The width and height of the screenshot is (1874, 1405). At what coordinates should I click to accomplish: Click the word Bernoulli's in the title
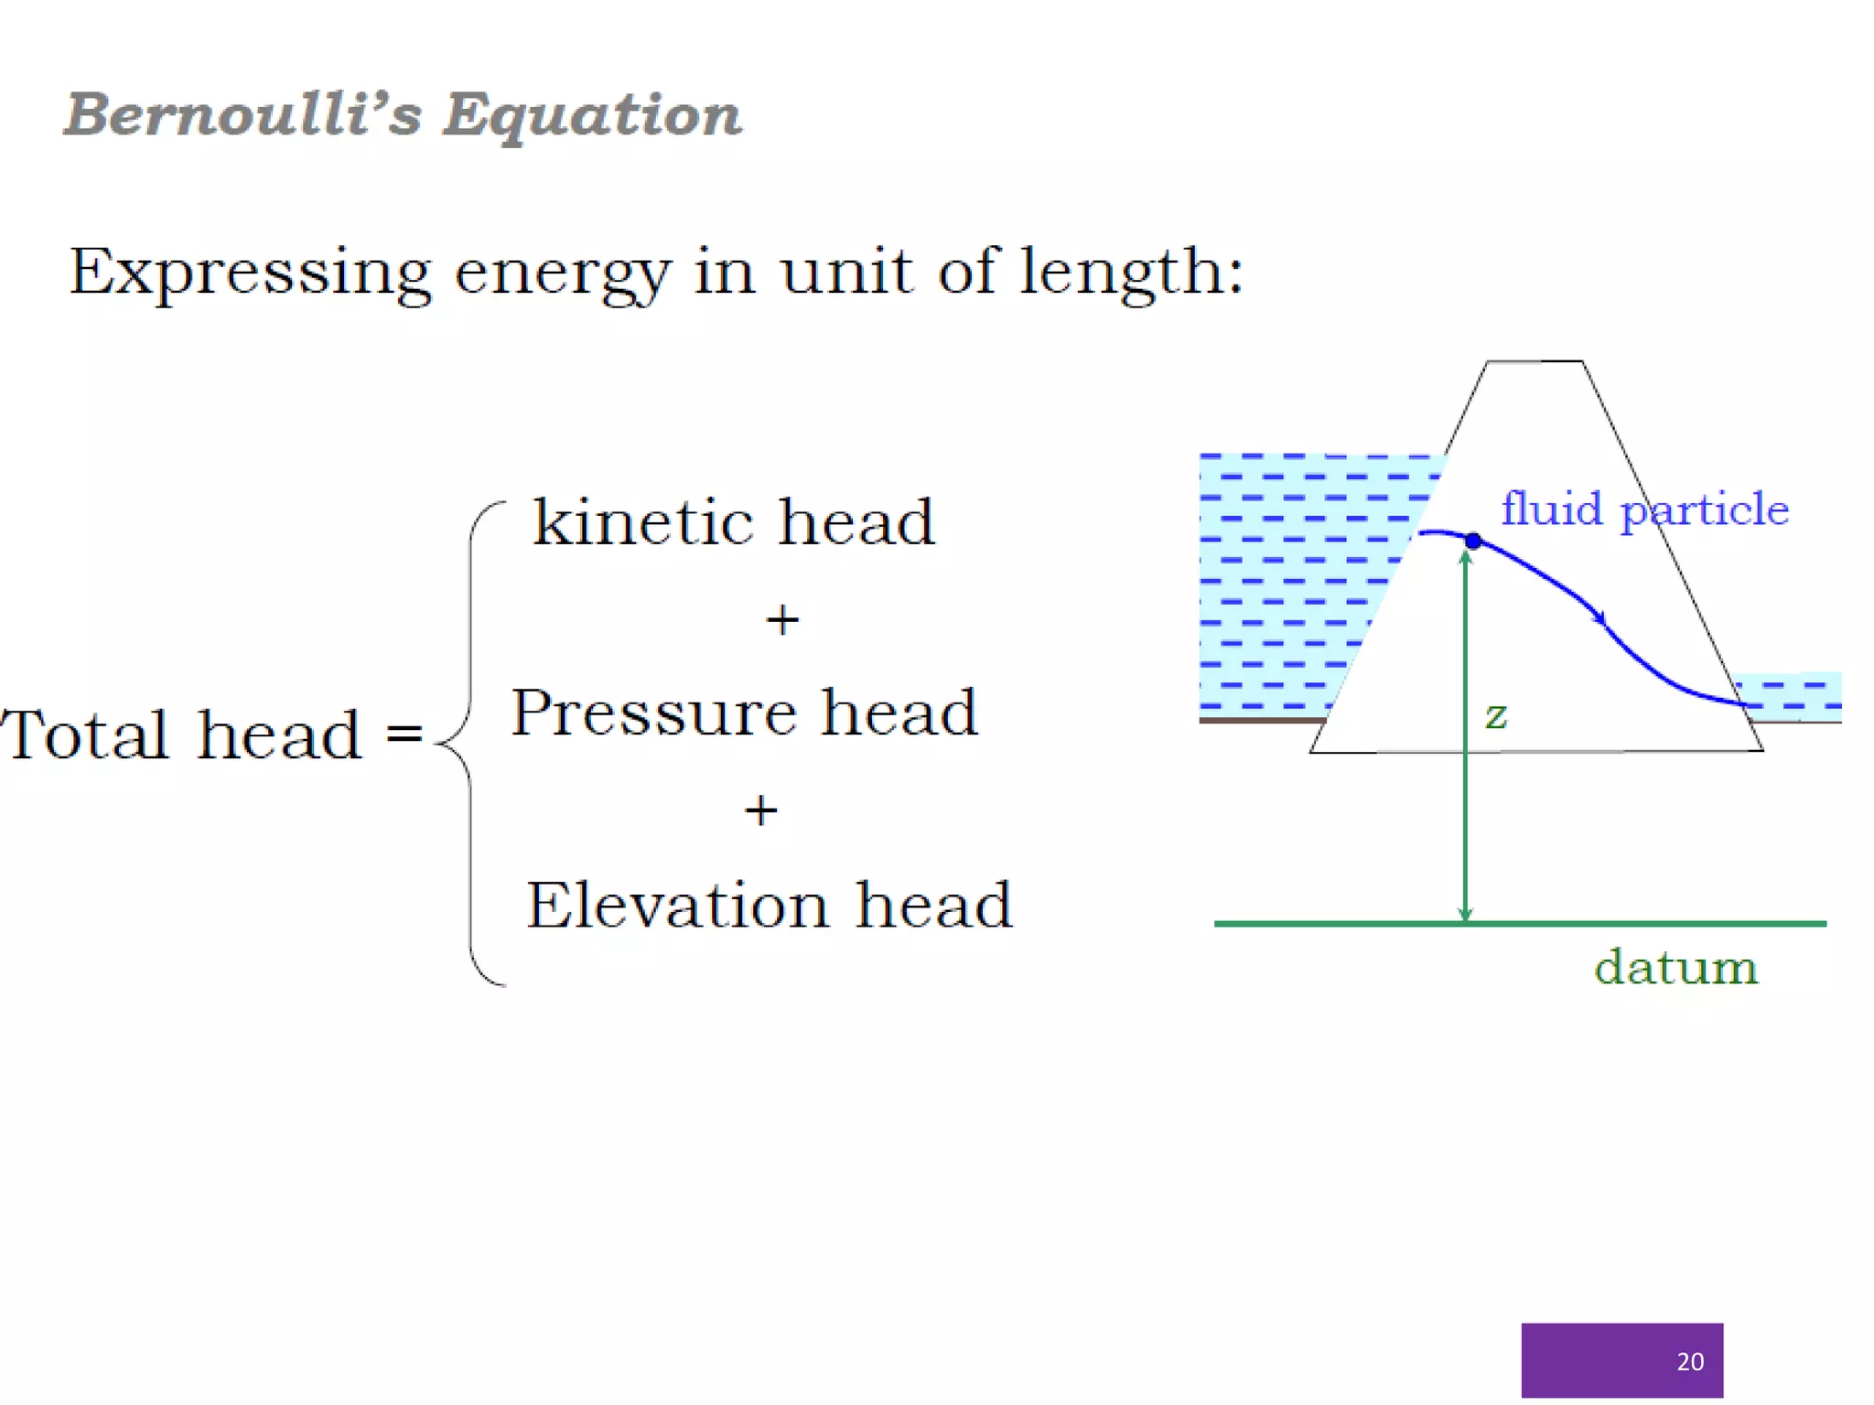(242, 115)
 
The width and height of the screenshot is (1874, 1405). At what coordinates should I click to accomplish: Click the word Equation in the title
(592, 117)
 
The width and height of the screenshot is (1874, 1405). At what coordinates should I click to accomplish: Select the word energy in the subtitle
(562, 273)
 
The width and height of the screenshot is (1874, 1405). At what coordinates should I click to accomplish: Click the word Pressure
(652, 713)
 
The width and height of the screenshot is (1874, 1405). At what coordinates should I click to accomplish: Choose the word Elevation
(677, 905)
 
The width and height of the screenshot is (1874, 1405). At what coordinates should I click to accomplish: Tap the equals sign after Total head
(404, 733)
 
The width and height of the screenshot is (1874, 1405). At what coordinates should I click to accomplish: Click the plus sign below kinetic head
(782, 620)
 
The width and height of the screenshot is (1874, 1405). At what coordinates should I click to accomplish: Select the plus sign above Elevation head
(760, 810)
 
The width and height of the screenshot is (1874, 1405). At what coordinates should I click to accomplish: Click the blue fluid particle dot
(1473, 541)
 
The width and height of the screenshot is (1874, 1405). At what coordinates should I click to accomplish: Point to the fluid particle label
(1644, 509)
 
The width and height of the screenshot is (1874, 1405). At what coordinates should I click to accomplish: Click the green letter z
(1496, 715)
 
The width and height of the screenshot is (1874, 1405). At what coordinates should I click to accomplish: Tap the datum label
(1675, 967)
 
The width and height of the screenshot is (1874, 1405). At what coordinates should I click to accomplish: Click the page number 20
(1690, 1361)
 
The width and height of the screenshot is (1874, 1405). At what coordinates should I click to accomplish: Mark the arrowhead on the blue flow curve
(1599, 617)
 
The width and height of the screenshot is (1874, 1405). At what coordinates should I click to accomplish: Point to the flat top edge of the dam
(1535, 361)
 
